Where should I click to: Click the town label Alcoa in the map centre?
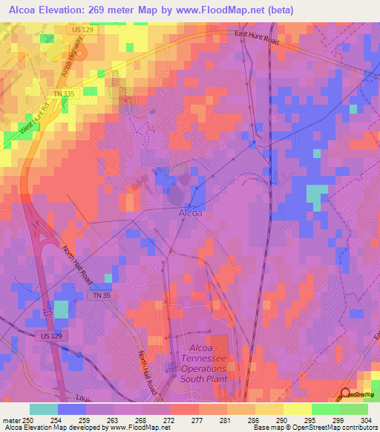(x=191, y=213)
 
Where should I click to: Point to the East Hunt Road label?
(x=255, y=38)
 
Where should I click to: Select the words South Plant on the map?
(x=203, y=379)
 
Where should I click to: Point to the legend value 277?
(x=178, y=419)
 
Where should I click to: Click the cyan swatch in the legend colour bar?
(x=44, y=409)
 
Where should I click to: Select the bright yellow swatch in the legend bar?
(x=297, y=409)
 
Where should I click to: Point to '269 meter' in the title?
(x=123, y=10)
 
